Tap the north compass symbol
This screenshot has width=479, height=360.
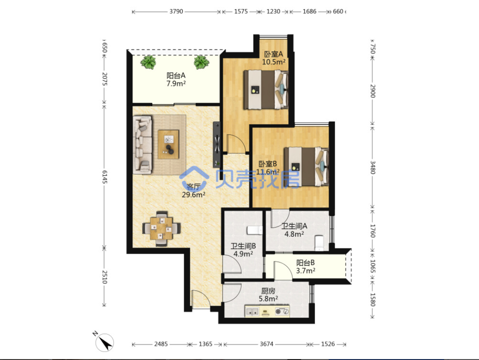(x=104, y=342)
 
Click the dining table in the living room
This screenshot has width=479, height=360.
(x=161, y=228)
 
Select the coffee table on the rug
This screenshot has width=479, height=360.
(x=168, y=144)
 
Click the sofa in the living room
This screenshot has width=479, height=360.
(x=143, y=144)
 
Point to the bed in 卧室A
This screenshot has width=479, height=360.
(x=266, y=89)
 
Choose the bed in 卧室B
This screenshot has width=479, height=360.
(x=306, y=166)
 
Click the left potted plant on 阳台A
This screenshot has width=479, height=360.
(x=148, y=62)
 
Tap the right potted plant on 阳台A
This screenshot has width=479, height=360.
(x=201, y=62)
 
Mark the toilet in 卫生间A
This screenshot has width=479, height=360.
(x=319, y=242)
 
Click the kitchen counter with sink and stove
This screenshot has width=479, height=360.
(x=267, y=311)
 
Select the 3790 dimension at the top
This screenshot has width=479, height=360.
(x=176, y=11)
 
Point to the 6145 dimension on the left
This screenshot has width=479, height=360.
(x=104, y=177)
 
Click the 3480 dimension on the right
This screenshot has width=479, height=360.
(x=373, y=167)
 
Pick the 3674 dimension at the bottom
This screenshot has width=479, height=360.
(x=266, y=344)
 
